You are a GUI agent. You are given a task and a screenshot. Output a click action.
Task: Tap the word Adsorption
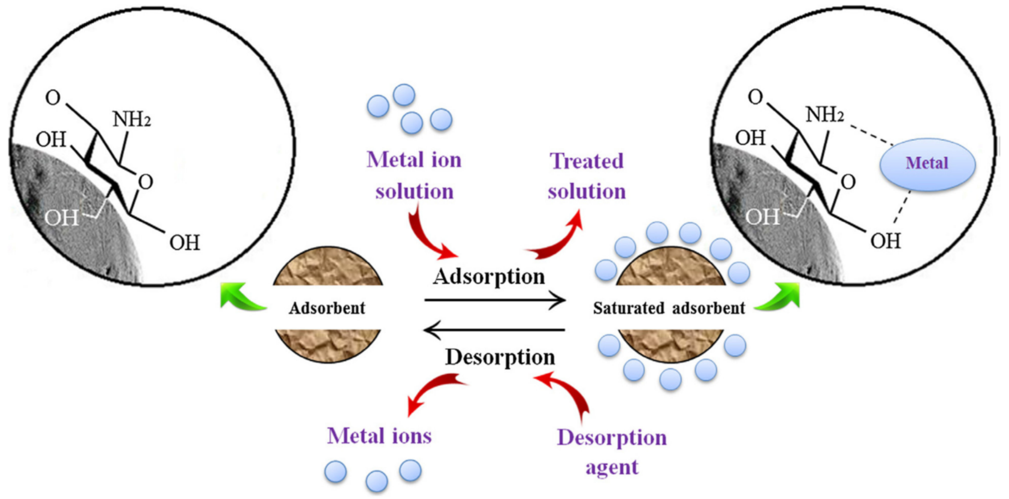(489, 277)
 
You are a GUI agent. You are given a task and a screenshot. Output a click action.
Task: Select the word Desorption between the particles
(500, 357)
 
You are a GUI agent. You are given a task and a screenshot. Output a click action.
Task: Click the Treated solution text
(586, 176)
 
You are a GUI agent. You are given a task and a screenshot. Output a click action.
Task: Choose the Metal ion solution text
(414, 176)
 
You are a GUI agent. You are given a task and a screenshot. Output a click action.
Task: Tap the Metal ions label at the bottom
(379, 436)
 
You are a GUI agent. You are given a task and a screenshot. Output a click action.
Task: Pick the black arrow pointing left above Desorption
(494, 330)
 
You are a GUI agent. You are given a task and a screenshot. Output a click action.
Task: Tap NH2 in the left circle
(132, 119)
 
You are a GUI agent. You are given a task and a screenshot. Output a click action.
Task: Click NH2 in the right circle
(824, 115)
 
